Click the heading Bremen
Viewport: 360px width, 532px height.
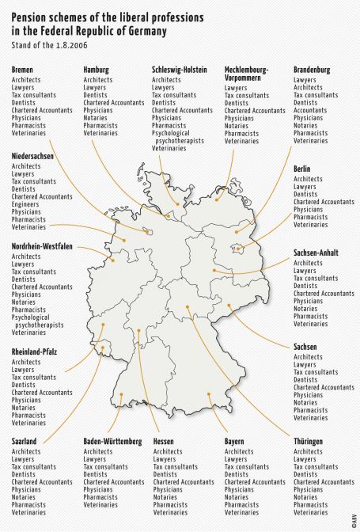pyautogui.click(x=22, y=70)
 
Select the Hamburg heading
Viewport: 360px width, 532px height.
pyautogui.click(x=97, y=70)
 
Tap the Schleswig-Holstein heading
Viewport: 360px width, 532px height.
pyautogui.click(x=180, y=70)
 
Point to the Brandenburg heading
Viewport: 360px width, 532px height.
pyautogui.click(x=312, y=70)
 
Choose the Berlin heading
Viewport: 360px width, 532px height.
pyautogui.click(x=301, y=169)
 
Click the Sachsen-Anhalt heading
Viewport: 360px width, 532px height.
pyautogui.click(x=316, y=253)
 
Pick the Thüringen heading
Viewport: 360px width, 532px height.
pyautogui.click(x=309, y=441)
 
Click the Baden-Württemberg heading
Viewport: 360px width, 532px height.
pyautogui.click(x=112, y=441)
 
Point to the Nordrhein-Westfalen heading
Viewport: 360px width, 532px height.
pyautogui.click(x=42, y=246)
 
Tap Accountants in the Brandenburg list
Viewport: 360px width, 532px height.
pyautogui.click(x=310, y=110)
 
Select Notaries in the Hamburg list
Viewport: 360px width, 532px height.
pyautogui.click(x=97, y=118)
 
